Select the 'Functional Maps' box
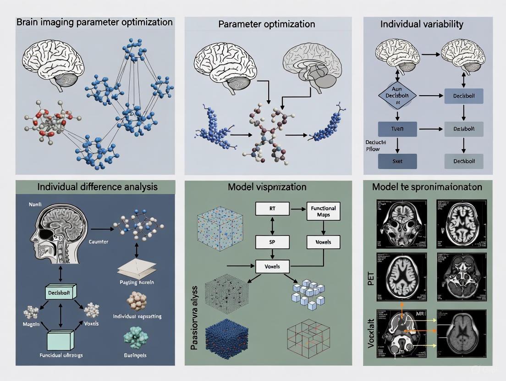pyautogui.click(x=324, y=211)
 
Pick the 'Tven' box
pyautogui.click(x=397, y=129)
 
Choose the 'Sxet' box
pyautogui.click(x=397, y=161)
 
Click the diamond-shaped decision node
pyautogui.click(x=397, y=96)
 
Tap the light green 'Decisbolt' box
pyautogui.click(x=60, y=292)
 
